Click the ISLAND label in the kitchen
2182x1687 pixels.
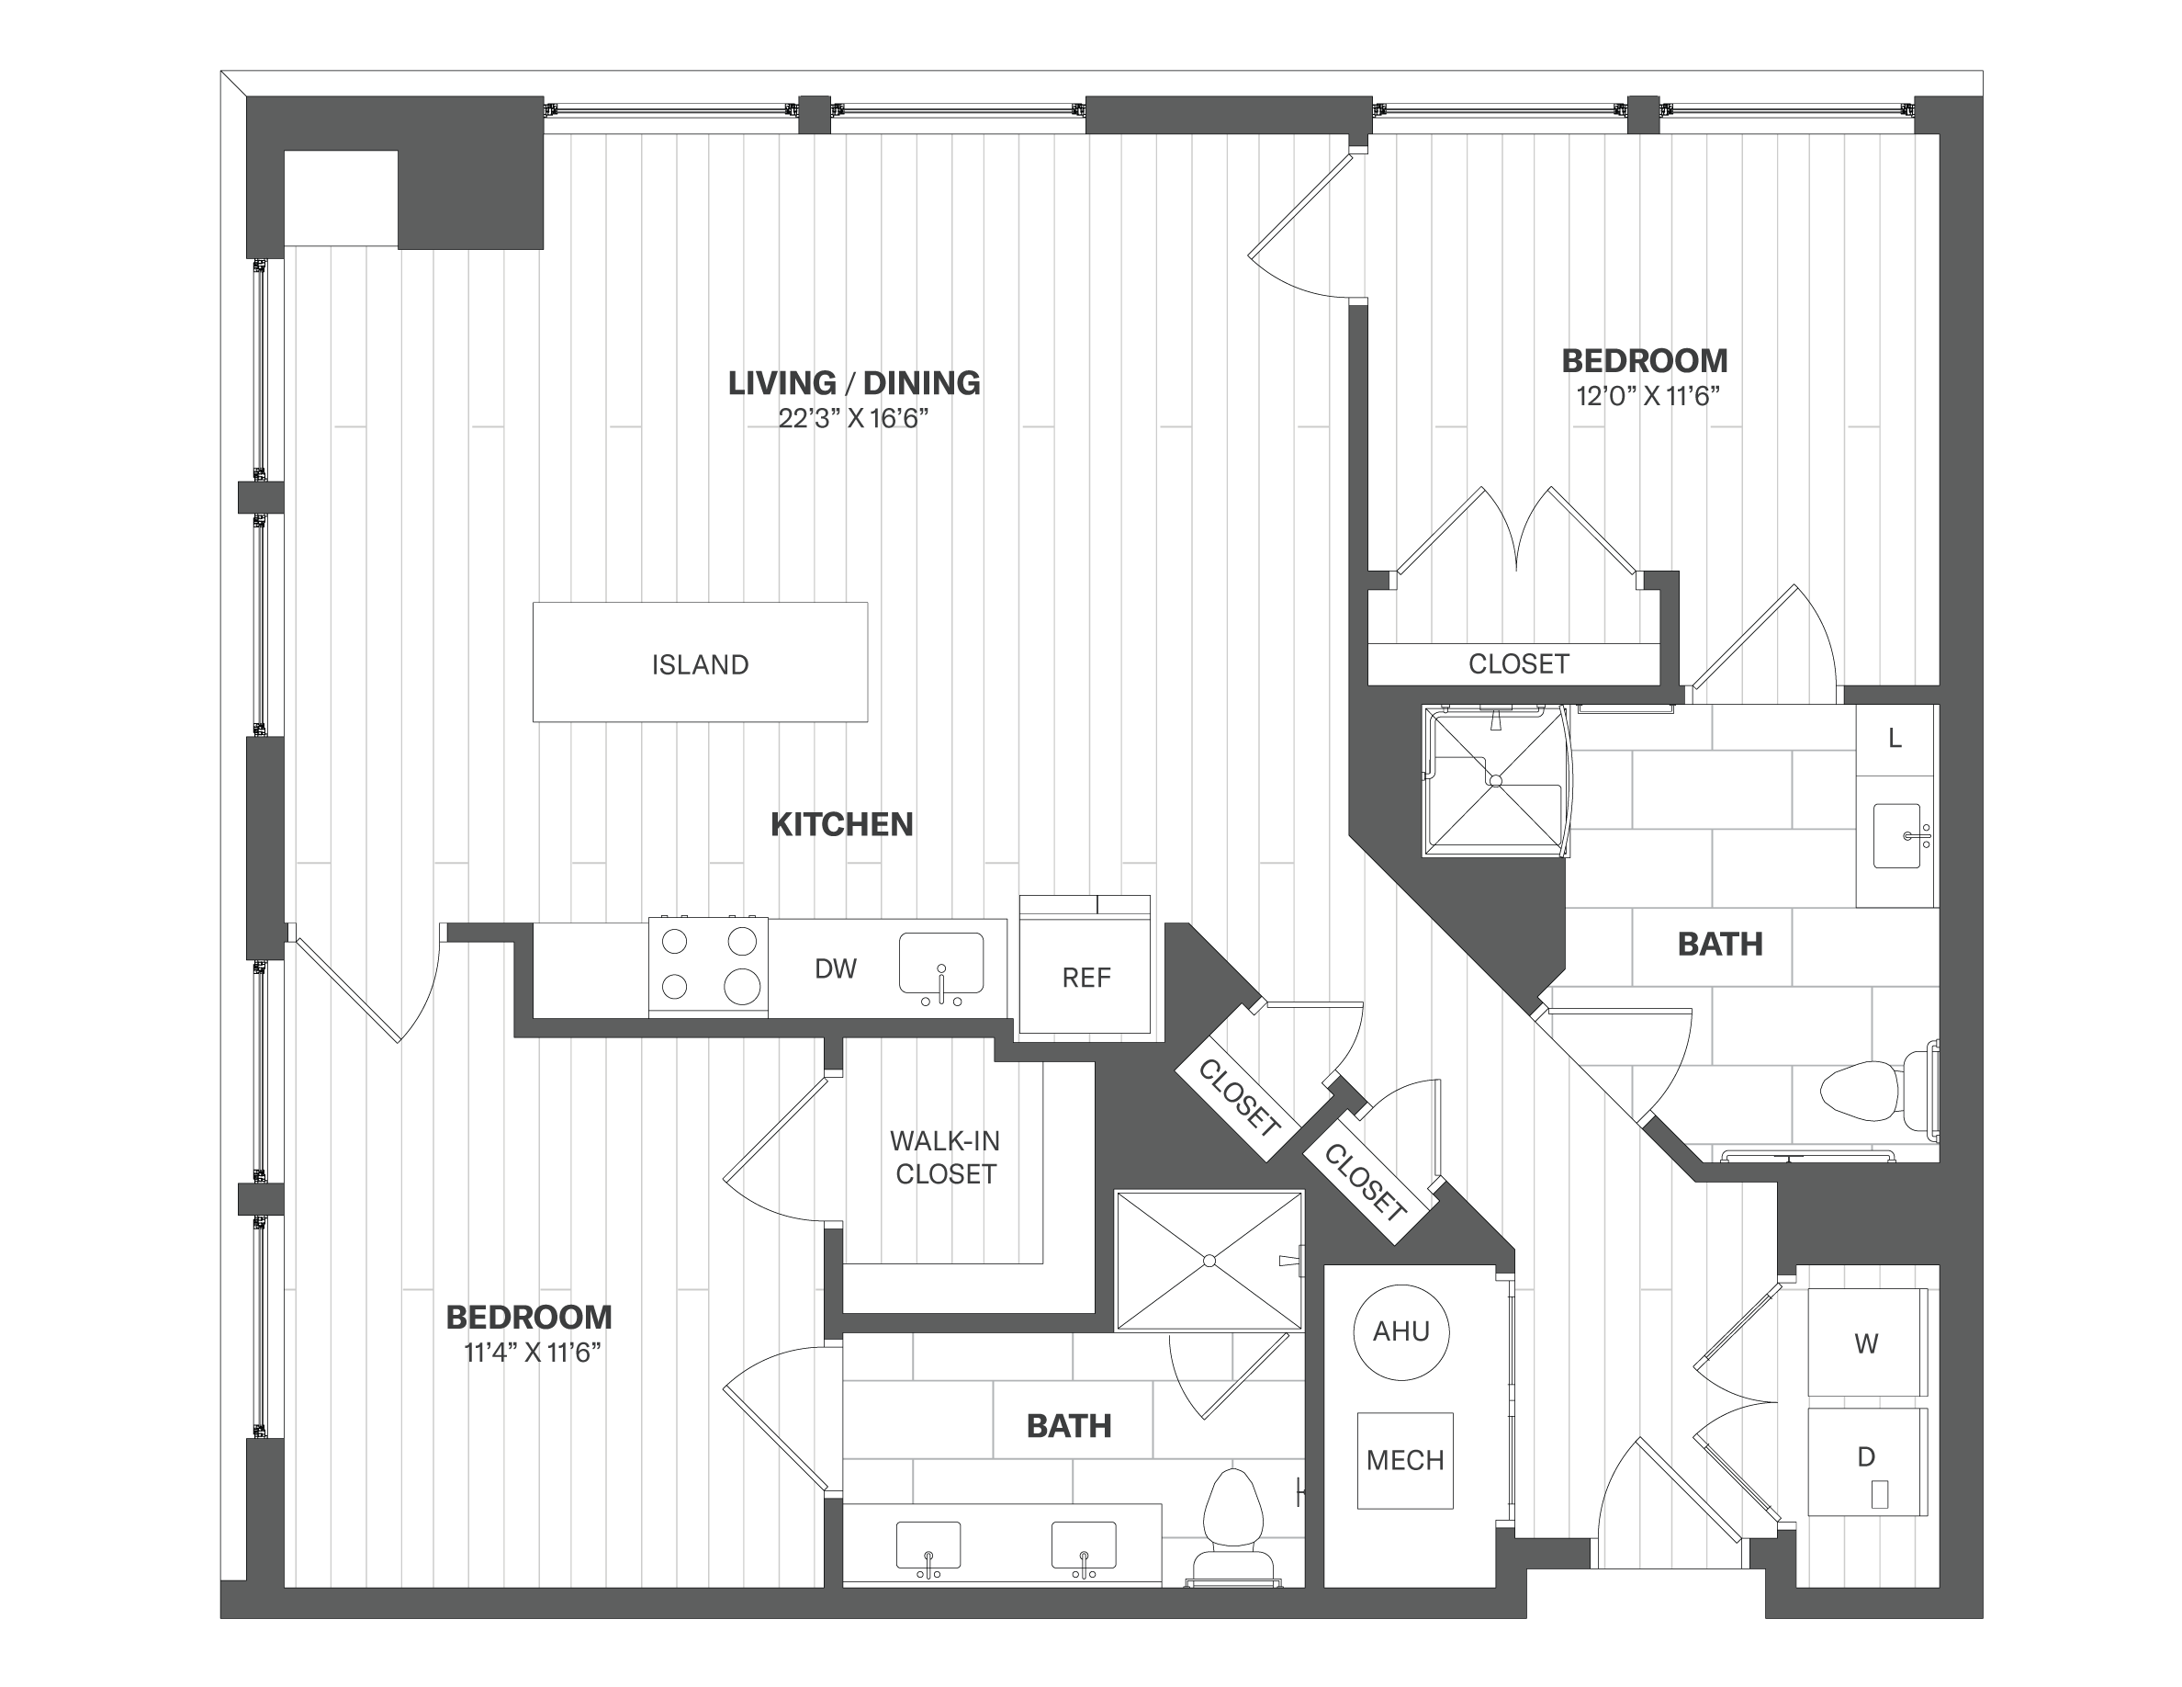(700, 664)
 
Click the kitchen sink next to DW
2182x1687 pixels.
(941, 966)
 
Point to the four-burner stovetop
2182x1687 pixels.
(708, 966)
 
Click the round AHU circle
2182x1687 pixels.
(1400, 1332)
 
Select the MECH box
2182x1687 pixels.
(1405, 1460)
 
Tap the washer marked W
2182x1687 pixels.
(1867, 1342)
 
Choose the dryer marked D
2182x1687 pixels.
(1867, 1462)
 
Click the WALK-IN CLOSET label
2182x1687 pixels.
(945, 1158)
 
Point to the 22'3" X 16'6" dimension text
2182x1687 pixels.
(853, 418)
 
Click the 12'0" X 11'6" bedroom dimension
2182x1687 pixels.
(1648, 396)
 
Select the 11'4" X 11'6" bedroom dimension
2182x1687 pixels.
(533, 1353)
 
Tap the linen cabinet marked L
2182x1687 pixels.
(1895, 740)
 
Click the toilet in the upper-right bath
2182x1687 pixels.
(1878, 1092)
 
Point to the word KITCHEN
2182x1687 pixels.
(841, 824)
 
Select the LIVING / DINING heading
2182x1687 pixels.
(853, 383)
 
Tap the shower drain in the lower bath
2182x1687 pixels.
(1209, 1262)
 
